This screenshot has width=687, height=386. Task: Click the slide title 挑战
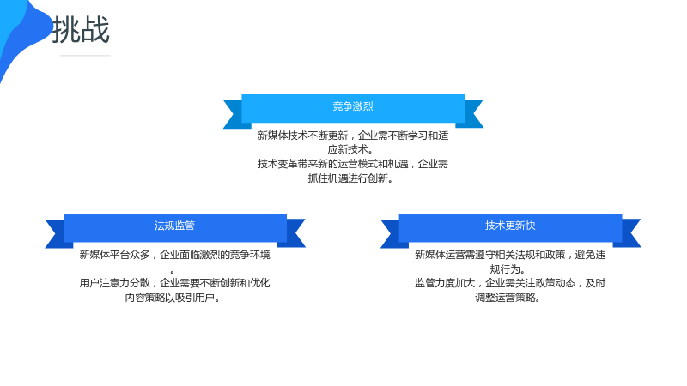click(81, 30)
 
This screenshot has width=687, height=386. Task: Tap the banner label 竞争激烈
click(353, 106)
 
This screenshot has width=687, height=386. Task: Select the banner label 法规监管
click(174, 226)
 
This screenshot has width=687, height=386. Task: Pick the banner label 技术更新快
click(510, 226)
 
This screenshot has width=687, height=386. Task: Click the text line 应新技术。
click(351, 149)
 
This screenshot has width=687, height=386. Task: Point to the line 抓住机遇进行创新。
click(351, 178)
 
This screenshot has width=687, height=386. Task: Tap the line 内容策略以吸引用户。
click(173, 298)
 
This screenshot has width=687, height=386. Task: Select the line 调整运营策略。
click(508, 298)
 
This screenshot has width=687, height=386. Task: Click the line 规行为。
click(508, 269)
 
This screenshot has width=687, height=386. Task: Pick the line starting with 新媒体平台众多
click(175, 255)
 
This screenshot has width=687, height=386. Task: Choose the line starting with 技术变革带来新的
click(353, 164)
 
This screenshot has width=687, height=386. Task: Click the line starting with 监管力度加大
click(510, 284)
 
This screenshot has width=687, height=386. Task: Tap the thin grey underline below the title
click(85, 56)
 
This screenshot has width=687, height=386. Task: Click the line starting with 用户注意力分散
click(175, 284)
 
